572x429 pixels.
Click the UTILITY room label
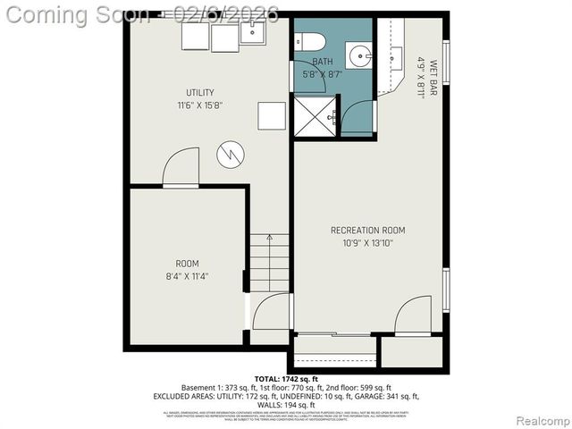tap(200, 93)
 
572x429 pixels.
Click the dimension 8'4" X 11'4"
tap(187, 276)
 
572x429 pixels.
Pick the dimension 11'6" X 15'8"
tap(200, 105)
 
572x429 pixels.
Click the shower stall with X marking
tap(314, 117)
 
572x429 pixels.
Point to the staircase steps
tap(269, 262)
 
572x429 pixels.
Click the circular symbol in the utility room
tap(230, 155)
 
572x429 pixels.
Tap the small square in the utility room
tap(272, 115)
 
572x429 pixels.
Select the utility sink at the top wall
tap(252, 34)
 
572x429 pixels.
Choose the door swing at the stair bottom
tap(271, 312)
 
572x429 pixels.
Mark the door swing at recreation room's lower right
tap(413, 315)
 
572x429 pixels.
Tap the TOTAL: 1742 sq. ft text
tap(285, 379)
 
